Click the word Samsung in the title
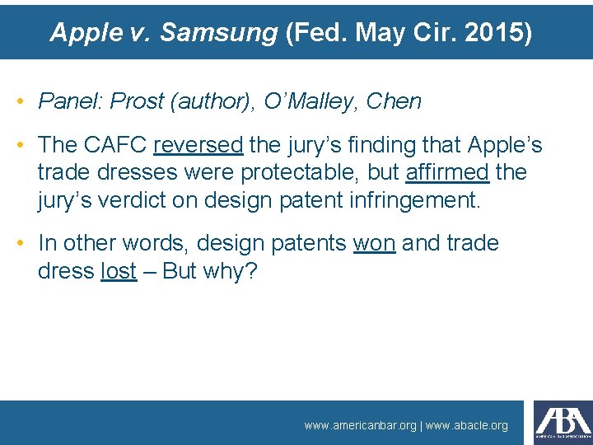coord(218,32)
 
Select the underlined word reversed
coord(198,145)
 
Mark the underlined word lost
coord(118,271)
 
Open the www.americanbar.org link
coord(360,425)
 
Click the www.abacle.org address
coord(466,425)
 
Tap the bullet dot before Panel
coord(20,102)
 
